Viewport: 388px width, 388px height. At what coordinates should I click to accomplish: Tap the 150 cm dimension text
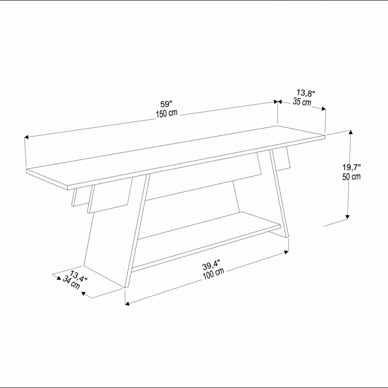pos(167,114)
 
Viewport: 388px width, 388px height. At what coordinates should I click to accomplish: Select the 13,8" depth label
pos(306,93)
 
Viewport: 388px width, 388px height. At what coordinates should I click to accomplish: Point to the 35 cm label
pos(302,102)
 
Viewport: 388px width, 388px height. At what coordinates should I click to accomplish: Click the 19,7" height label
pos(351,167)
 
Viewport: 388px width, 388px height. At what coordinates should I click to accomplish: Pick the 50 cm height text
pos(351,177)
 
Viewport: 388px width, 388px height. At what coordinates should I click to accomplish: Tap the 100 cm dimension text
pos(213,274)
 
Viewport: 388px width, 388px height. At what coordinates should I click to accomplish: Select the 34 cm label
pos(71,283)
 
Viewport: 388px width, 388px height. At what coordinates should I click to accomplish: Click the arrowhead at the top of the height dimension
pos(351,133)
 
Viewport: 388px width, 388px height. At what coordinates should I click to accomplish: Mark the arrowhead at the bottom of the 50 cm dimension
pos(347,217)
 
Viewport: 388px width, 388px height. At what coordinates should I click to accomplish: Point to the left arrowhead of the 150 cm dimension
pos(26,137)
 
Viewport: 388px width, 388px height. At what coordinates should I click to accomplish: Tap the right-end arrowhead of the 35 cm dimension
pos(323,109)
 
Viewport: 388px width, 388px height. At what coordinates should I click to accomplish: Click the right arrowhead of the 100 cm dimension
pos(286,252)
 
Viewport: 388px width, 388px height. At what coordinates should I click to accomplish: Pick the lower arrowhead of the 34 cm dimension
pos(83,294)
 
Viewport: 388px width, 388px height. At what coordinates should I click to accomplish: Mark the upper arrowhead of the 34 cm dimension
pos(59,278)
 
